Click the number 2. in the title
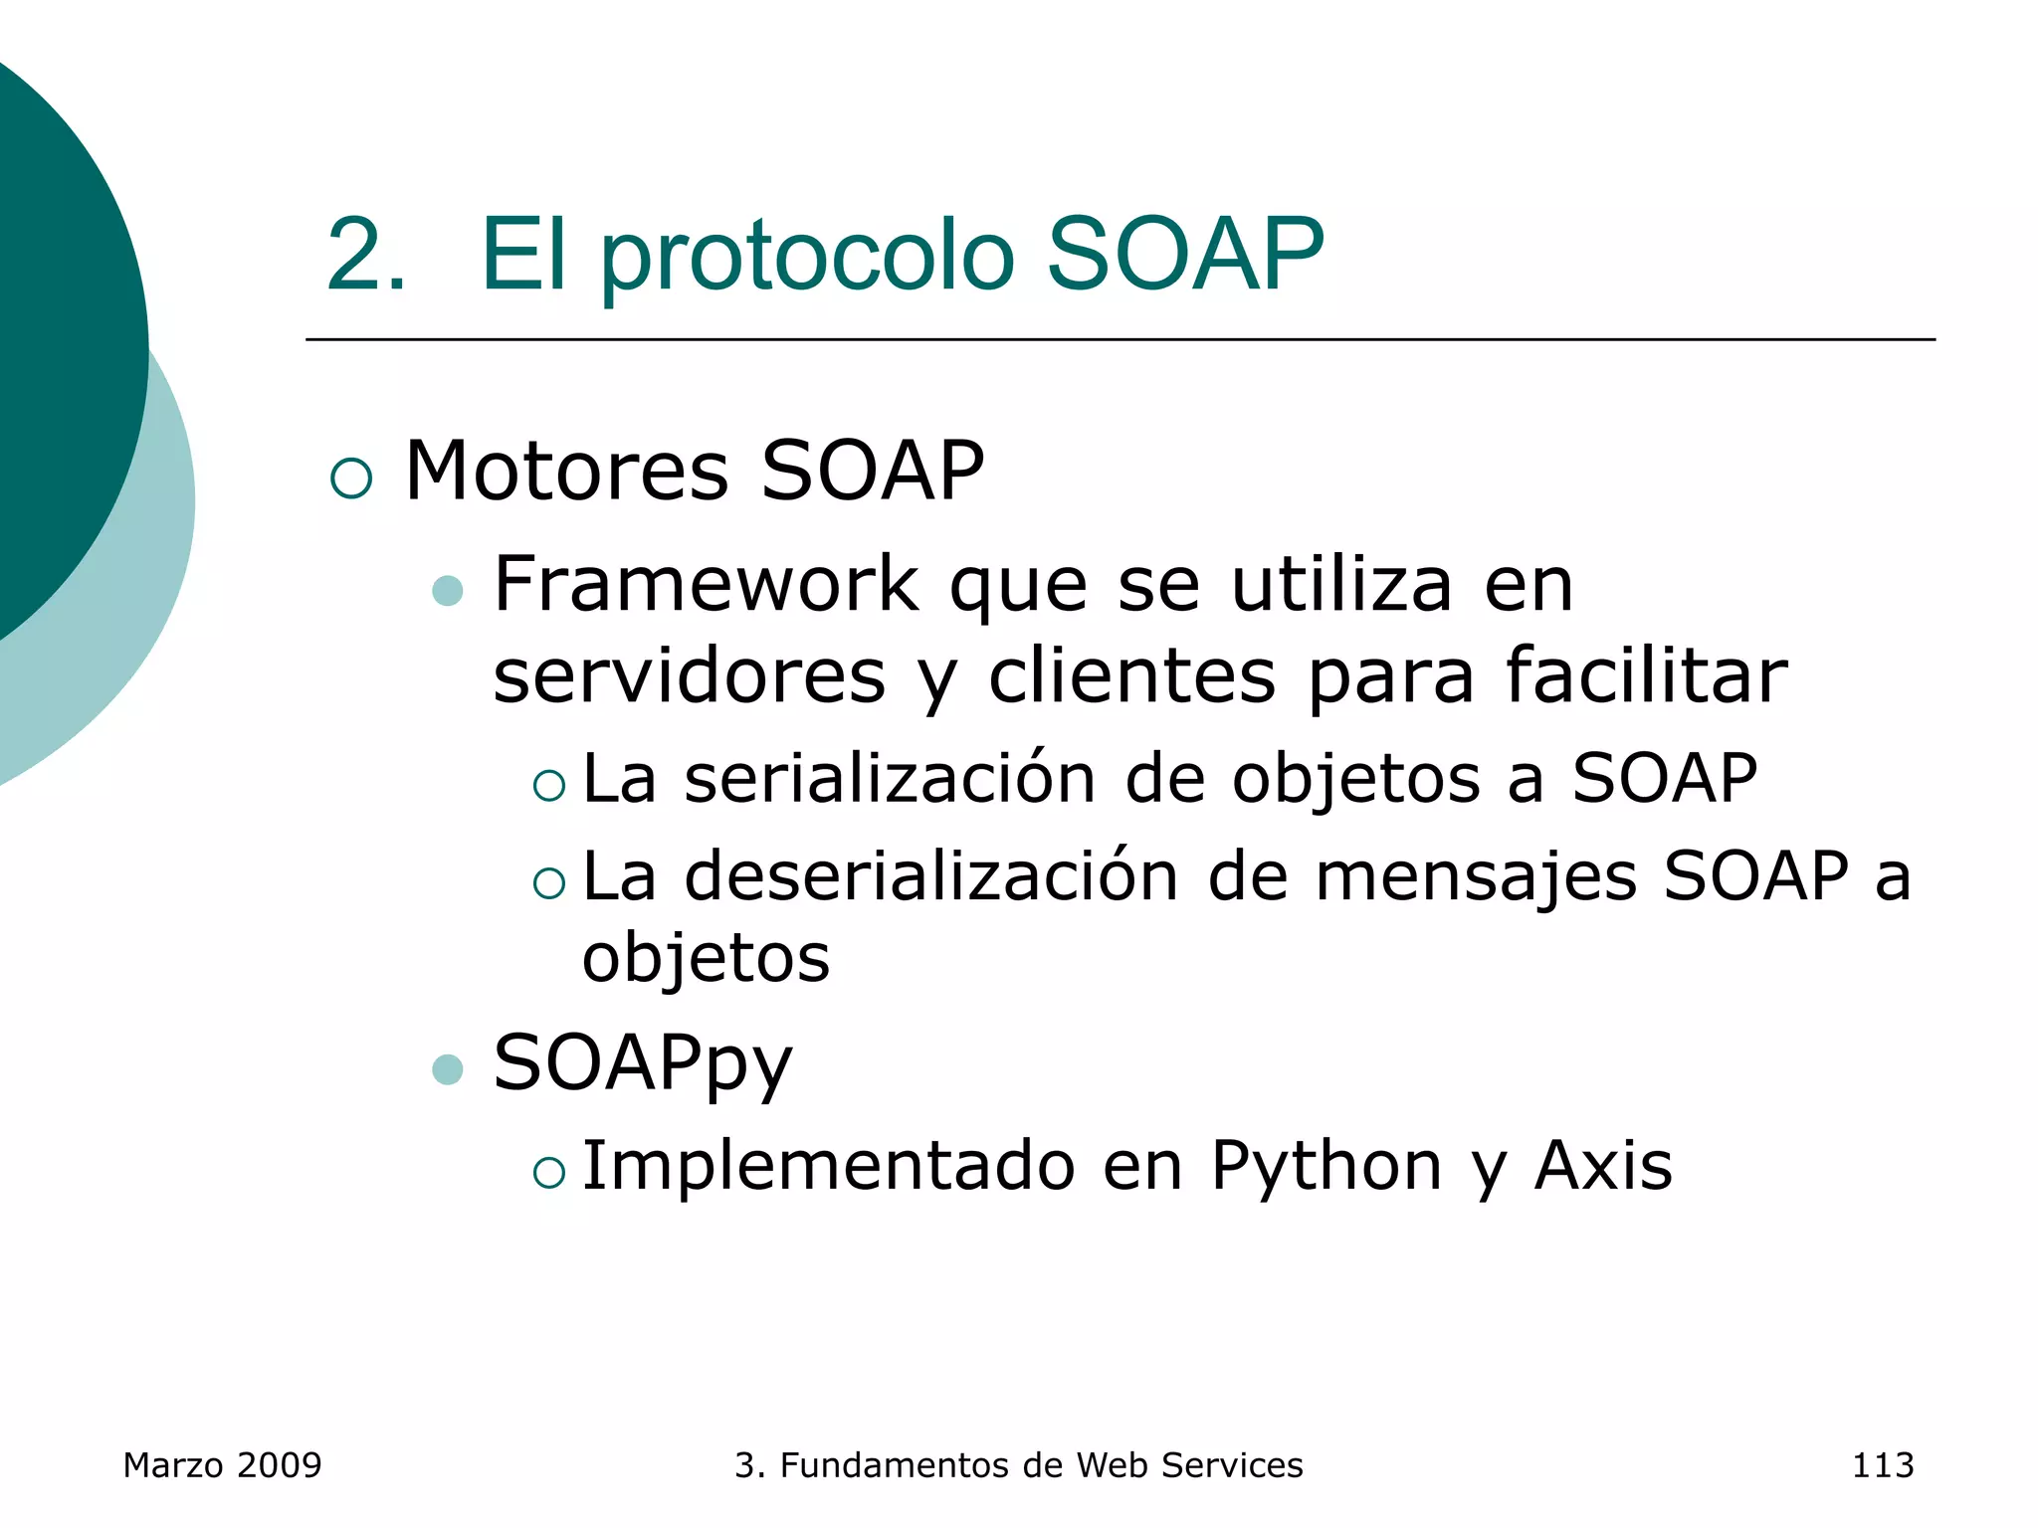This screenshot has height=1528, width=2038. (365, 257)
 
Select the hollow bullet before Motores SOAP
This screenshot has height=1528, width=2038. (351, 477)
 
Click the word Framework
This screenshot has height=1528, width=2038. (706, 585)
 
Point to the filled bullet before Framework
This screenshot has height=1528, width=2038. (448, 592)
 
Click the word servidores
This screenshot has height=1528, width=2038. (689, 676)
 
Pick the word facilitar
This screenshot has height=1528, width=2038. (1647, 676)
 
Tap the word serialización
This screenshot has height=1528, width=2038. (890, 779)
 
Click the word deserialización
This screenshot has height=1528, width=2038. (931, 877)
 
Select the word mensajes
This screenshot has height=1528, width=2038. (1476, 877)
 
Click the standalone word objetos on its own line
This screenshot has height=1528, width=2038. (706, 958)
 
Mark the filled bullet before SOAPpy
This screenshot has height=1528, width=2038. (448, 1070)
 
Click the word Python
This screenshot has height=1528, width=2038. (1326, 1166)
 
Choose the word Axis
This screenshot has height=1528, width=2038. (1603, 1166)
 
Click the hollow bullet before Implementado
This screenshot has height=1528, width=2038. (549, 1173)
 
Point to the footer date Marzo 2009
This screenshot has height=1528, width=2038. (222, 1465)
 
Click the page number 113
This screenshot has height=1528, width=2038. (1882, 1465)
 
